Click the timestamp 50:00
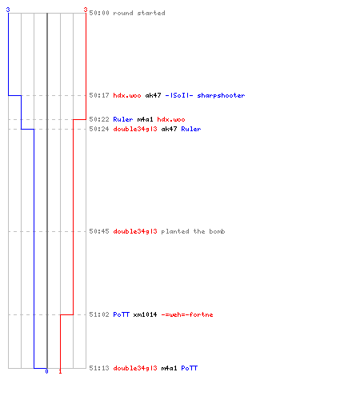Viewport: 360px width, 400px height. click(99, 13)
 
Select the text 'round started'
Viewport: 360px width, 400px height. click(139, 13)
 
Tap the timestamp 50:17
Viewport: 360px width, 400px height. click(99, 95)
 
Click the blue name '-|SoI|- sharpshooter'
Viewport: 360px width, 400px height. click(205, 95)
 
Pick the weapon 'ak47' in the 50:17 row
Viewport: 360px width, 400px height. click(153, 95)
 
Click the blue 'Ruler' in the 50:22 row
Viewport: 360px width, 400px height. click(123, 119)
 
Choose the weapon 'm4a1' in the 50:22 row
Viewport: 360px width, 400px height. click(145, 119)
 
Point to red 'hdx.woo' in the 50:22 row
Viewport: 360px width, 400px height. click(171, 119)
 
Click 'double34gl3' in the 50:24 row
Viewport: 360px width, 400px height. click(135, 129)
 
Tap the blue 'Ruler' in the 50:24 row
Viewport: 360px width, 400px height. click(191, 129)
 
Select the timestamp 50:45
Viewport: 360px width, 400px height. click(99, 231)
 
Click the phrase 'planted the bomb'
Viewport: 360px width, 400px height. click(193, 231)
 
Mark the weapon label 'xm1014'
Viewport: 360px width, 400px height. click(145, 314)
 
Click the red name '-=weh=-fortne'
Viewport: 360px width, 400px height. click(187, 314)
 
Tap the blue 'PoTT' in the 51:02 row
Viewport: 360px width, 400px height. click(122, 314)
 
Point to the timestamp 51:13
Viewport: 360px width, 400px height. click(99, 368)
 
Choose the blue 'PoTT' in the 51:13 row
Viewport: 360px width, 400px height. click(190, 368)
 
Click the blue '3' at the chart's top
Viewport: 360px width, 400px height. click(8, 10)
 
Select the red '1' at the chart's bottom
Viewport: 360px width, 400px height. click(60, 371)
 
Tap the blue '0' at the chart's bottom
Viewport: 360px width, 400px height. click(46, 371)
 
